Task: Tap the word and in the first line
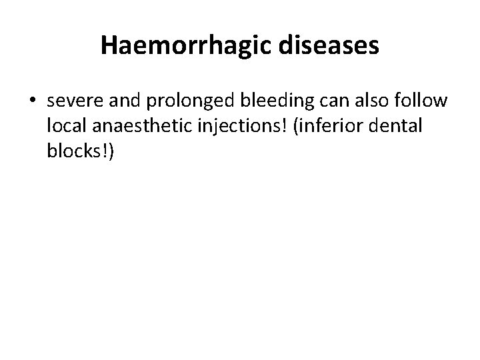click(118, 101)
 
